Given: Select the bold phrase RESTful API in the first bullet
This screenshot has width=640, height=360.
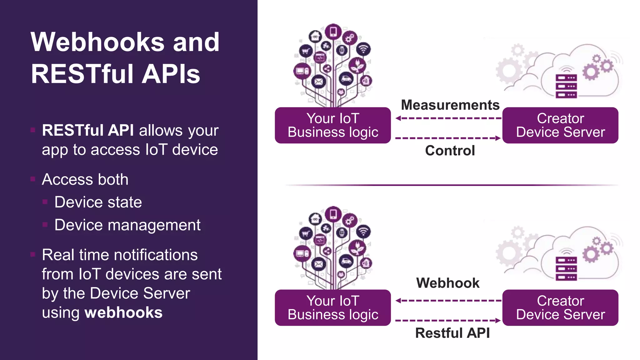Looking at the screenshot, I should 88,130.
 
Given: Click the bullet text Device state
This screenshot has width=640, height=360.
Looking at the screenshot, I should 98,202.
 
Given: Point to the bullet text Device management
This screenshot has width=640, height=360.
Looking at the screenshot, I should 127,225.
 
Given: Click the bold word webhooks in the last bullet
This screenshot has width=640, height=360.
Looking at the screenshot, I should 123,312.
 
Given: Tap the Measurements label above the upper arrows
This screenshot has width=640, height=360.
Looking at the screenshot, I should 450,105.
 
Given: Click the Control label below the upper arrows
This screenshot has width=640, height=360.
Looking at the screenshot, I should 450,151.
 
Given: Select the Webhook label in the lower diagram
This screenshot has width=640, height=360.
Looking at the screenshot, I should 447,283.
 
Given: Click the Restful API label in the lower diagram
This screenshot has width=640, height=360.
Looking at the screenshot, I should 452,333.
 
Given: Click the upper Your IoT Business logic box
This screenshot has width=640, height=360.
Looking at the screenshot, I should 333,125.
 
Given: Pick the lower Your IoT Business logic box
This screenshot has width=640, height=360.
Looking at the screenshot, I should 333,308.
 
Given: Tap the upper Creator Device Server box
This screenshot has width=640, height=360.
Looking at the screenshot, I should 560,125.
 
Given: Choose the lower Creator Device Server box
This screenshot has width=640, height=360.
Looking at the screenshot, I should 560,308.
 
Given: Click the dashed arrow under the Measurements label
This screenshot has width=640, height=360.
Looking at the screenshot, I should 448,118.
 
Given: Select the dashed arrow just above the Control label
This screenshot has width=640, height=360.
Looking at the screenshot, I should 448,138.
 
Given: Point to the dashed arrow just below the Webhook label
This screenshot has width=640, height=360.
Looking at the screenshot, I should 448,301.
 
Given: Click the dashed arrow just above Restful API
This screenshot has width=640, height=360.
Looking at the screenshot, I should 448,321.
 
